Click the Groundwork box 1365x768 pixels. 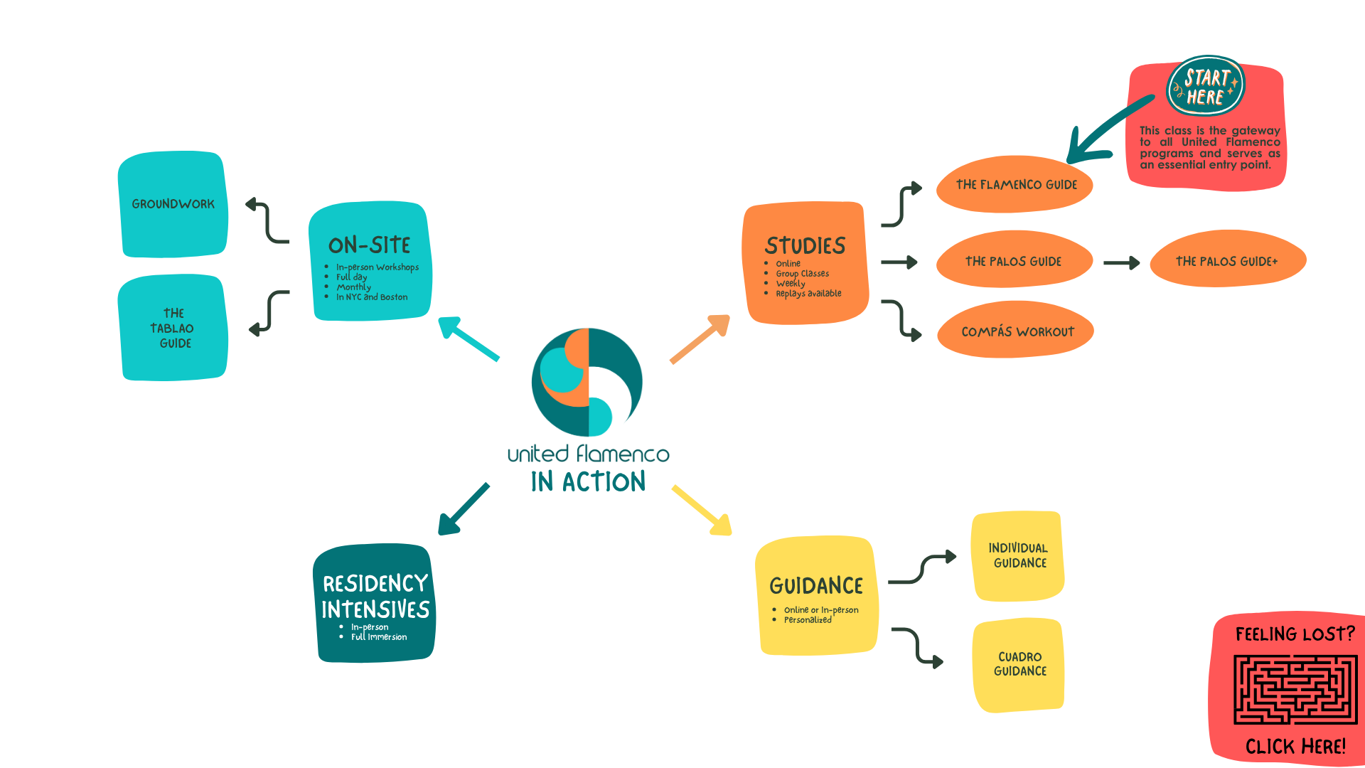tap(173, 204)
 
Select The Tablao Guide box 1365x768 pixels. tap(173, 328)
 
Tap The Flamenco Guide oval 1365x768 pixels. tap(1015, 185)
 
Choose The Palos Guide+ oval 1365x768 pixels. tap(1227, 261)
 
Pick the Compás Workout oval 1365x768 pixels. tap(1017, 331)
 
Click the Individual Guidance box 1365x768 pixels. tap(1018, 555)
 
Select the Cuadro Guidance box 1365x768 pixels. tap(1019, 664)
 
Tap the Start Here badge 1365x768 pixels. tap(1206, 87)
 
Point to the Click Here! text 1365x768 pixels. tap(1295, 747)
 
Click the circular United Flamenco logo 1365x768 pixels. tap(587, 382)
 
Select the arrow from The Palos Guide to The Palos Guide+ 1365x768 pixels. tap(1121, 263)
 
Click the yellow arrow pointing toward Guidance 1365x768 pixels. tap(702, 510)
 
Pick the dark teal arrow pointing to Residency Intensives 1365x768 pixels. tap(463, 510)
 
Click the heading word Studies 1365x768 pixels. tap(805, 246)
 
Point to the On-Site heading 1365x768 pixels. tap(370, 245)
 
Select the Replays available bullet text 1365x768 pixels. tap(808, 294)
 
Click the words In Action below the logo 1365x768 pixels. tap(588, 482)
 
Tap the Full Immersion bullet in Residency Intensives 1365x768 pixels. tap(379, 637)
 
